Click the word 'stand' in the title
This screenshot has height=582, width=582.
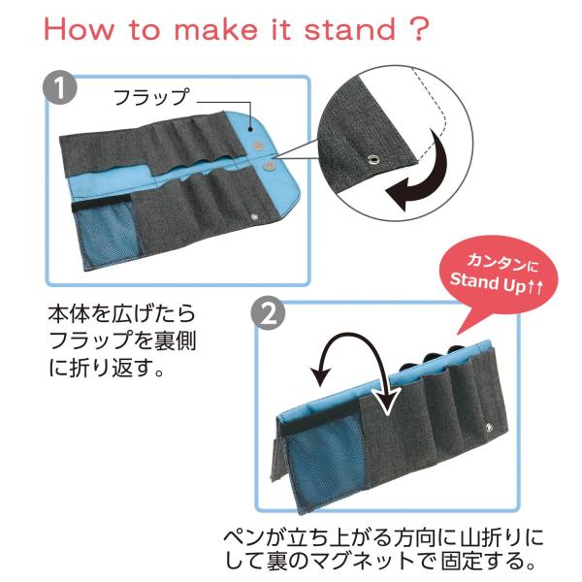(x=350, y=29)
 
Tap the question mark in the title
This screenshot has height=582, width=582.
(x=418, y=28)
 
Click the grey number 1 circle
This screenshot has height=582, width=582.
(x=60, y=87)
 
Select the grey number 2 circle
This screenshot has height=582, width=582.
(x=268, y=314)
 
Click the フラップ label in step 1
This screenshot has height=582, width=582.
(x=151, y=97)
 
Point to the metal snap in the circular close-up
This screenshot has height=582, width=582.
(x=372, y=160)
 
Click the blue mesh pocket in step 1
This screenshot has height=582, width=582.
(x=106, y=235)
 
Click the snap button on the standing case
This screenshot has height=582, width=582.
(x=488, y=427)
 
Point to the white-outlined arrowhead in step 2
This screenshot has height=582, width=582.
(x=386, y=400)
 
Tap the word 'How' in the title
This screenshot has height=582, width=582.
(x=80, y=29)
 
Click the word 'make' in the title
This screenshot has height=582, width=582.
(x=215, y=29)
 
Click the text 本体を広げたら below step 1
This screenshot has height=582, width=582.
(x=122, y=313)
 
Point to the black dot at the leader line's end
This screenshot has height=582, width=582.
(x=251, y=130)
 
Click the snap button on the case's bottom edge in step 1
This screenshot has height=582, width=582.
(x=254, y=216)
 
